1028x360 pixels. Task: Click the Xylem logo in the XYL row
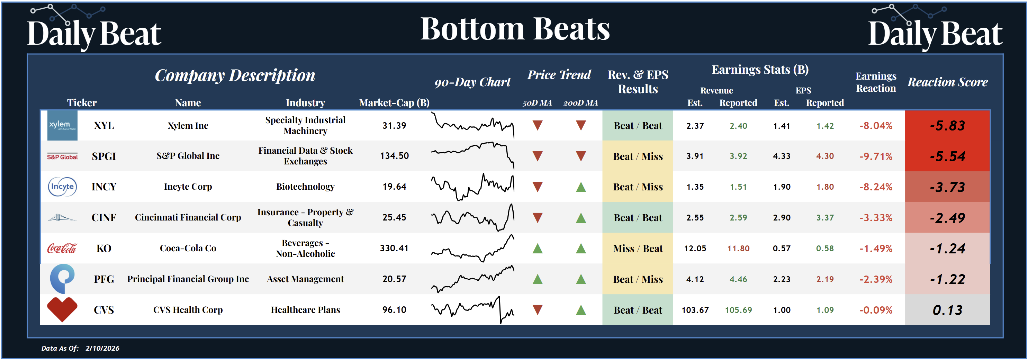[x=62, y=125]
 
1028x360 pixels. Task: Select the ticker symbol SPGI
[x=104, y=156]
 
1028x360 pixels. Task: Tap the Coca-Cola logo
[x=62, y=248]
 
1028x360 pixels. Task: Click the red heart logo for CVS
[x=62, y=309]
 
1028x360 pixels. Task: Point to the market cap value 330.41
[x=394, y=248]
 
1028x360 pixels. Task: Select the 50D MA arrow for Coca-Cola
[x=538, y=249]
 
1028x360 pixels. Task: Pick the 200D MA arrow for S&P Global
[x=581, y=156]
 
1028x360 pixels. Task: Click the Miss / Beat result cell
[x=638, y=249]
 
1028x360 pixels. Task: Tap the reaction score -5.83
[x=947, y=126]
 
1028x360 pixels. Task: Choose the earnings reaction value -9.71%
[x=876, y=156]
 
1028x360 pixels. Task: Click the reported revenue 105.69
[x=738, y=310]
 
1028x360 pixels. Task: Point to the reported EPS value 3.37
[x=824, y=217]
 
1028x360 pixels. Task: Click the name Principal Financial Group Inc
[x=188, y=279]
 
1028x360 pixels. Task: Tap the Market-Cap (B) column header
[x=394, y=103]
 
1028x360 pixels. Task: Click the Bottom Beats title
[x=515, y=29]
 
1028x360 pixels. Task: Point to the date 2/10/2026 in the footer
[x=102, y=348]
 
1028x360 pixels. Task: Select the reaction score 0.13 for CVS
[x=947, y=310]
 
